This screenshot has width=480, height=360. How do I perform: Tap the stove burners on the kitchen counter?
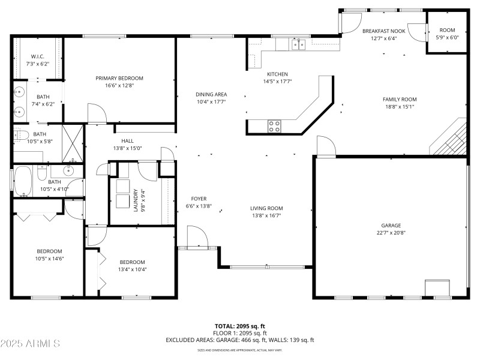pos(274,126)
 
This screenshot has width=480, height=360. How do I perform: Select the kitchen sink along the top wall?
pos(298,44)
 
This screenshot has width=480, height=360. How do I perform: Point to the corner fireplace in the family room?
pos(449,139)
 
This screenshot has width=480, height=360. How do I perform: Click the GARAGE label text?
pos(391,226)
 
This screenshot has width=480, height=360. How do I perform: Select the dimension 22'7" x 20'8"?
pos(391,233)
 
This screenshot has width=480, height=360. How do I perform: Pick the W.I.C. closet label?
pos(37,57)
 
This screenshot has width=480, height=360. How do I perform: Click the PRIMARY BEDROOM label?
pos(119,78)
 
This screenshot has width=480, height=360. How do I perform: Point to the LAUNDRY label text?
pos(136,199)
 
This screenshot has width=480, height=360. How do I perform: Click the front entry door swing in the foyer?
pos(198,236)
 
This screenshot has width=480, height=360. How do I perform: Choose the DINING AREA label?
pos(211,94)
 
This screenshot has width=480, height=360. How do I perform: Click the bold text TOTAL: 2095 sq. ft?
pos(239,326)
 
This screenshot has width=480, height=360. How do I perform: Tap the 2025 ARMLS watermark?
pos(30,344)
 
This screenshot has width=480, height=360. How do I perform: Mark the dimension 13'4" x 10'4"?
pos(132,269)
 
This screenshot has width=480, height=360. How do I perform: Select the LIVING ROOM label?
pos(266,208)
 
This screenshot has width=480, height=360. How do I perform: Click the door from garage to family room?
pos(326,147)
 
